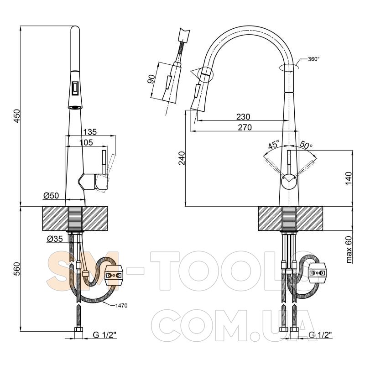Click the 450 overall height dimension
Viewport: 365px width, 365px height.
(17, 116)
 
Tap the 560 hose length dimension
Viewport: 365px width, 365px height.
(17, 269)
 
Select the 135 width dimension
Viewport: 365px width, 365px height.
(90, 132)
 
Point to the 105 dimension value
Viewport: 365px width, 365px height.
(86, 142)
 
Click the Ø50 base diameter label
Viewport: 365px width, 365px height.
(51, 196)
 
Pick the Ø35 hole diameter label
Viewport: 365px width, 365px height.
(55, 239)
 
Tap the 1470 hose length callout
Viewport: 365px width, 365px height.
(121, 306)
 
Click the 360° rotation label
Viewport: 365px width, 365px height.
(313, 59)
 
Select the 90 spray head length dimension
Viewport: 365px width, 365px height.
(151, 79)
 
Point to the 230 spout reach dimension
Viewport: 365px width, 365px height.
(243, 116)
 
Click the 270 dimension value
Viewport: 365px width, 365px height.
(245, 127)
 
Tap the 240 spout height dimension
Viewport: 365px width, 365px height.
(182, 158)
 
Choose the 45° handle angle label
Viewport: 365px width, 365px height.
(274, 145)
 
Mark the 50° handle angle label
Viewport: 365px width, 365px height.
(306, 145)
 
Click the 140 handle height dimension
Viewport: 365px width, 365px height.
(349, 178)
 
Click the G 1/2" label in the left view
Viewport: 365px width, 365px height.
(104, 335)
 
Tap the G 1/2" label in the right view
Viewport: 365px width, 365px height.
(320, 335)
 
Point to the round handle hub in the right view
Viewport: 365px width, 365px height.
(289, 181)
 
